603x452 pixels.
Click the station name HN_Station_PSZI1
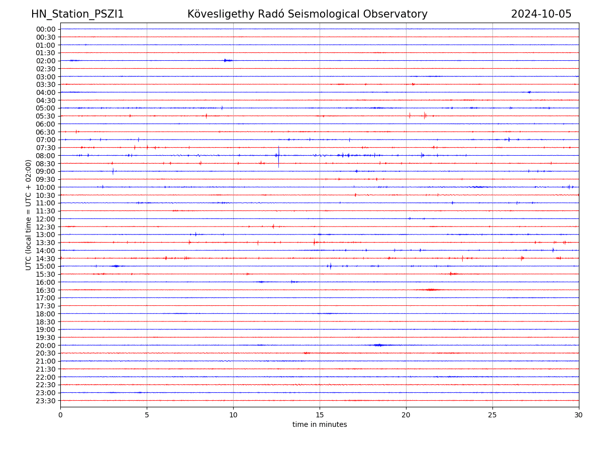(x=77, y=14)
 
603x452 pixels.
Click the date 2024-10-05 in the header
(x=541, y=14)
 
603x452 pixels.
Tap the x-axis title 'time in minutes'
(x=320, y=425)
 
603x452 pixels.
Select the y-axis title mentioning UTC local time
(x=29, y=214)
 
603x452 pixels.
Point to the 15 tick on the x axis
(x=320, y=415)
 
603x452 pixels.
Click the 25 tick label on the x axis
(x=492, y=415)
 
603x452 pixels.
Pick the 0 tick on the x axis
(x=60, y=415)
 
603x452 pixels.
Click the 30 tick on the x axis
(x=579, y=415)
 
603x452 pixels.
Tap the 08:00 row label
(x=46, y=156)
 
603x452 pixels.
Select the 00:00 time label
(x=46, y=29)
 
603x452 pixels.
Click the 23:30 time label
(x=46, y=401)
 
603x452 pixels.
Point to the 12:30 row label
(x=46, y=227)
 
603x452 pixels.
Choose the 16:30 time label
(x=46, y=290)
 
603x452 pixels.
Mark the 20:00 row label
(x=46, y=346)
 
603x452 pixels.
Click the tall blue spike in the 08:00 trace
(x=278, y=155)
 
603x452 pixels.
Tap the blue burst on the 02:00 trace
(x=227, y=60)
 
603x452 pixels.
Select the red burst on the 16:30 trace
(x=431, y=290)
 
